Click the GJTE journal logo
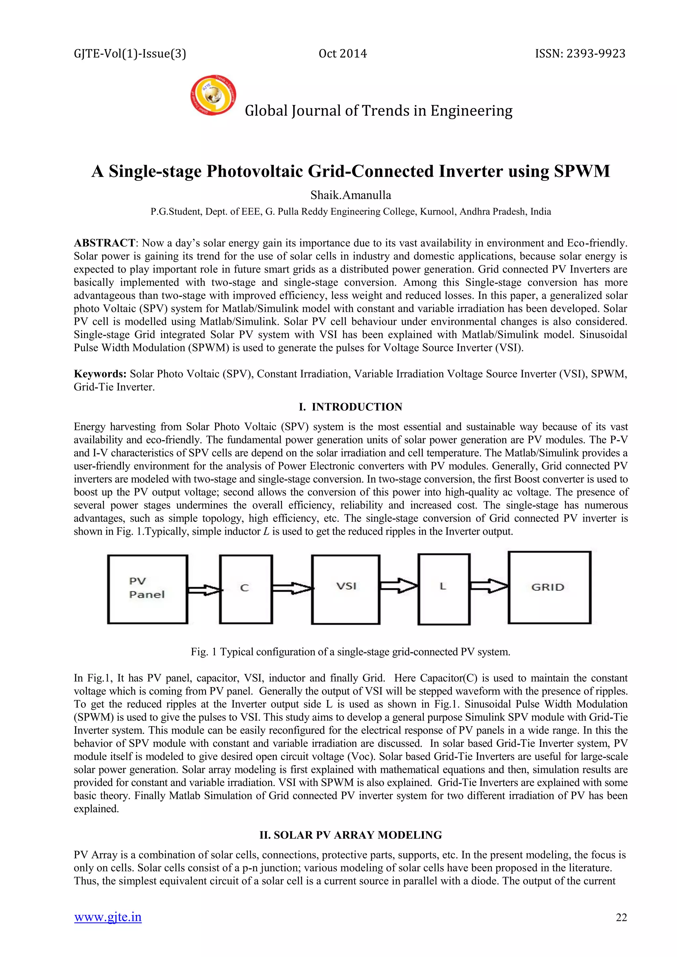click(213, 96)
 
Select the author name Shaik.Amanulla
click(351, 195)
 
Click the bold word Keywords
click(100, 374)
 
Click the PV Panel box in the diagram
click(147, 589)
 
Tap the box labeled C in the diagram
click(246, 589)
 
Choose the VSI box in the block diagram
click(345, 589)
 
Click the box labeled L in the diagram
click(444, 589)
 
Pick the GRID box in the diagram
click(549, 587)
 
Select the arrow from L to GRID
click(489, 586)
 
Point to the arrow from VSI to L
click(399, 586)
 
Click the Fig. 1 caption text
click(351, 652)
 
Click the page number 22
click(621, 917)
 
